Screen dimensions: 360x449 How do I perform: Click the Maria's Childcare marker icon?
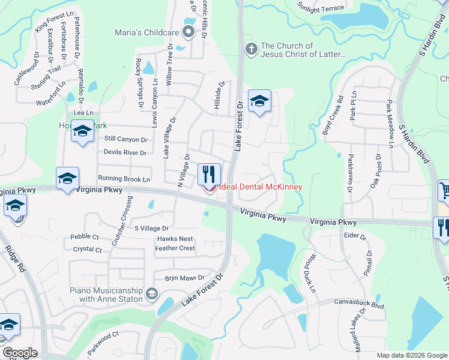point(189,32)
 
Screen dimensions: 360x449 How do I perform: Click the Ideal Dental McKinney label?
point(260,187)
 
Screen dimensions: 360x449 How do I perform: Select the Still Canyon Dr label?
point(125,139)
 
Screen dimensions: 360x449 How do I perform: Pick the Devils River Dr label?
point(125,152)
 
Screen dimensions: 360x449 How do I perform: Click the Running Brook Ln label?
point(124,179)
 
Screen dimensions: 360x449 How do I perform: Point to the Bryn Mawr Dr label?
point(185,278)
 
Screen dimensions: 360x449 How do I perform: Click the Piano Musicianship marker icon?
point(152,293)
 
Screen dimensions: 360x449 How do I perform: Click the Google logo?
point(20,353)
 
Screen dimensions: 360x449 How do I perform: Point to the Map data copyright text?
point(412,355)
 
